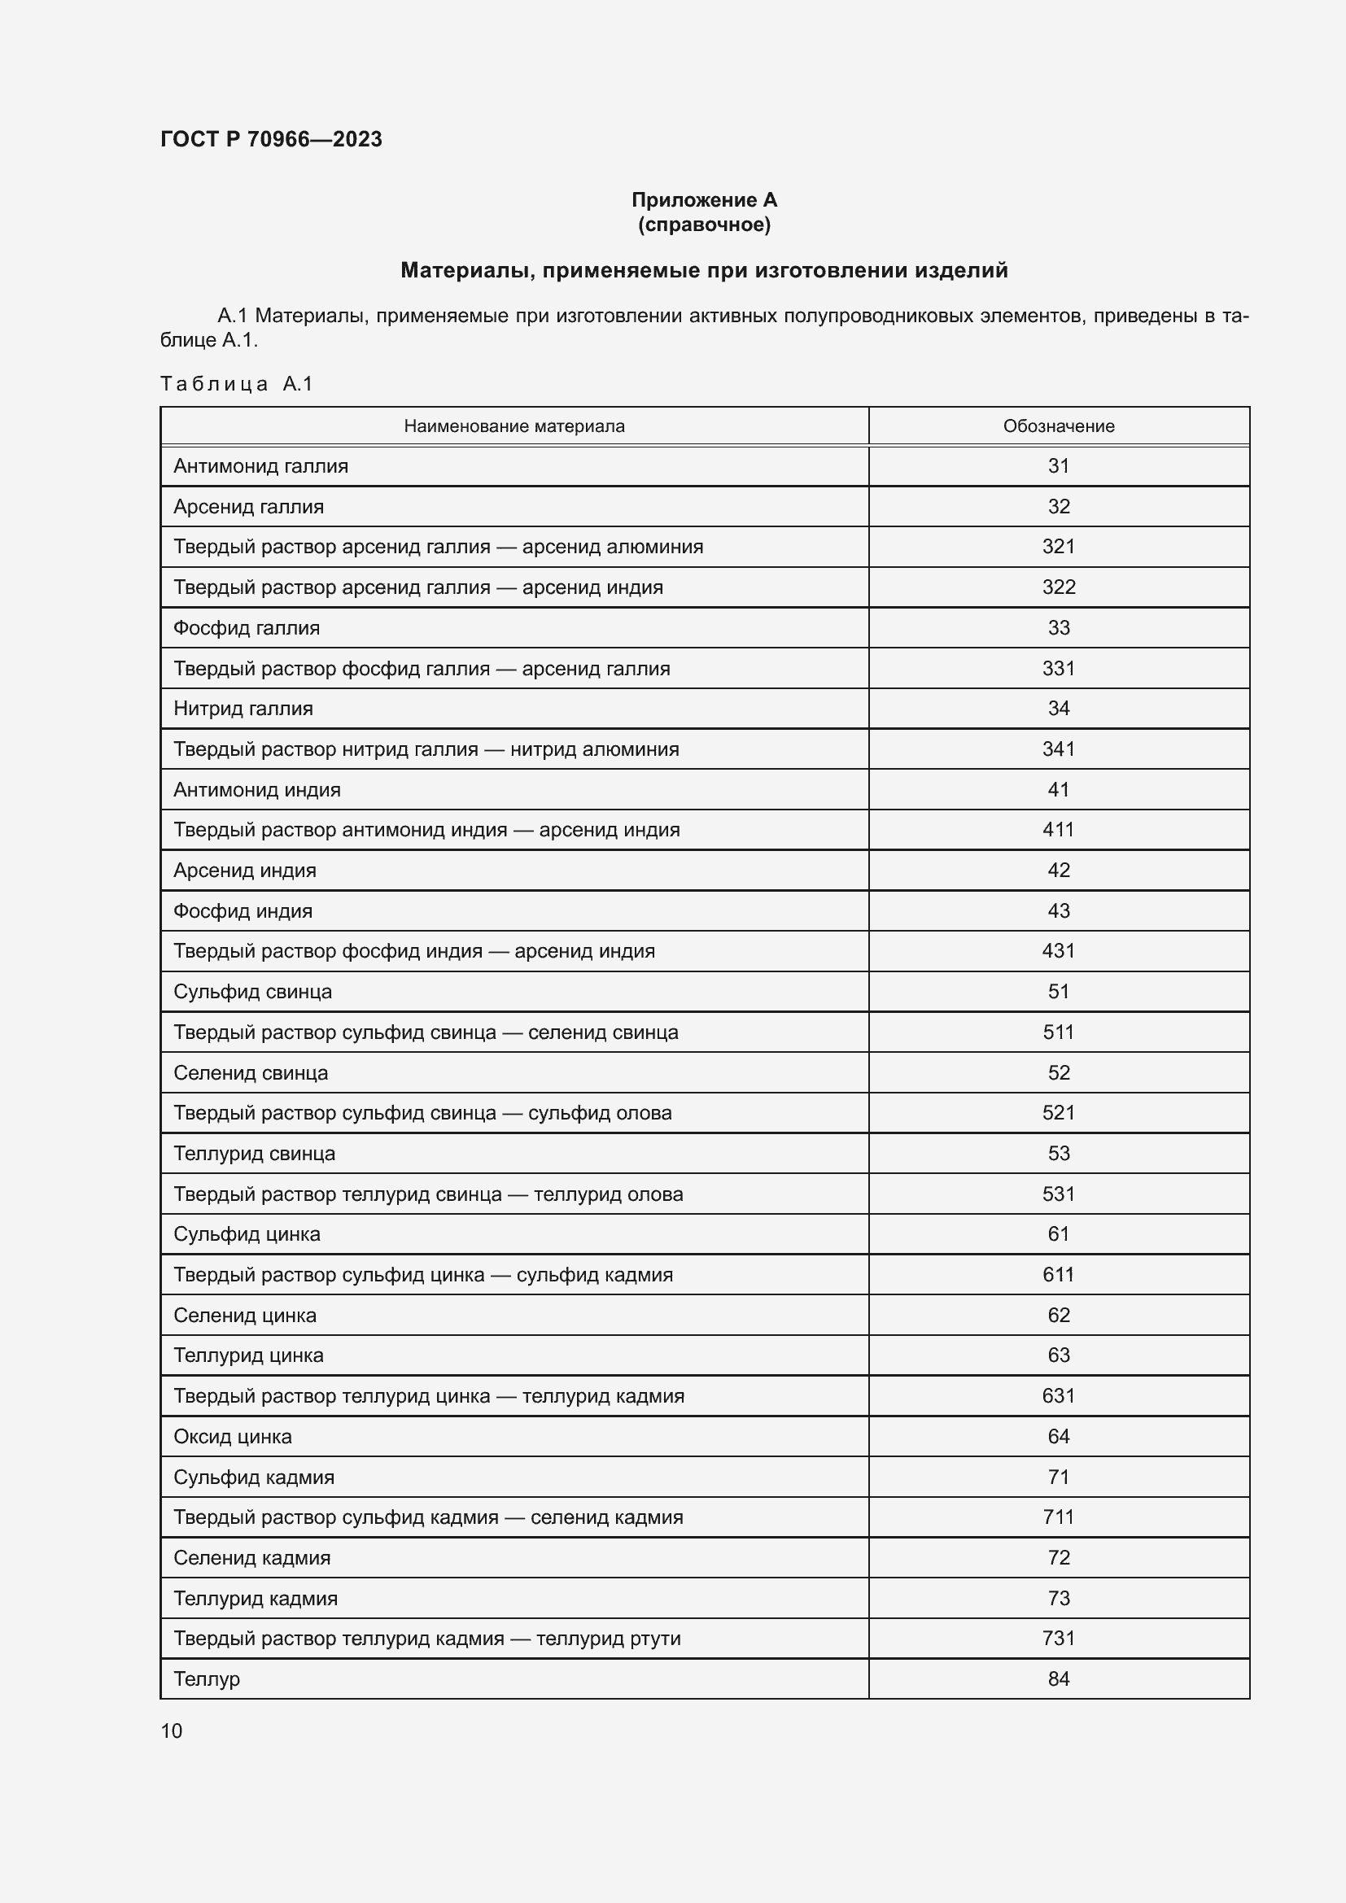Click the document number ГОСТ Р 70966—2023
coord(271,139)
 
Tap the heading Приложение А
coord(704,200)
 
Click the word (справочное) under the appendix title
coord(704,225)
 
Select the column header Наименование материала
coord(513,426)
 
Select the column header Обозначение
coord(1059,426)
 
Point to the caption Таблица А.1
coord(236,384)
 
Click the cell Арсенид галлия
coord(249,506)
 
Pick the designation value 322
coord(1059,587)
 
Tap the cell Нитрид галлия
coord(243,709)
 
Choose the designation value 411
coord(1059,830)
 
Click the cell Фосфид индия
coord(243,911)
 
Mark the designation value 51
coord(1059,991)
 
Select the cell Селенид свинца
coord(251,1072)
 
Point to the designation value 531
coord(1059,1194)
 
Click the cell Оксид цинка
coord(232,1436)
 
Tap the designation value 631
coord(1059,1396)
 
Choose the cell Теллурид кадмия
coord(256,1598)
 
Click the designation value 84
coord(1059,1678)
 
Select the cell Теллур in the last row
coord(207,1678)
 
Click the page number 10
coord(172,1731)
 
